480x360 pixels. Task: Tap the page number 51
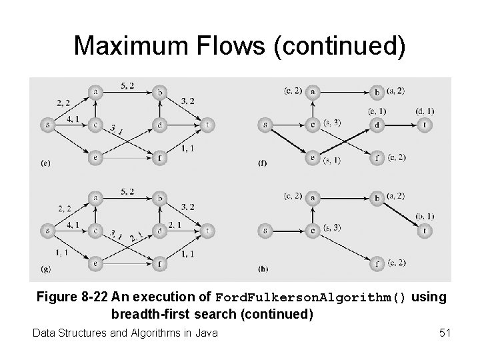click(445, 331)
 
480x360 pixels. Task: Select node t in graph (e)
click(208, 124)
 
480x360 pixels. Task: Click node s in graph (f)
click(265, 124)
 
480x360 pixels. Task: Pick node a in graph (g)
click(97, 198)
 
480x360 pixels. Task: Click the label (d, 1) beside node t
click(424, 111)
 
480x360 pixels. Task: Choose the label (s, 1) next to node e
click(331, 161)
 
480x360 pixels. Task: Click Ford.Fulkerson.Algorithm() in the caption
click(309, 298)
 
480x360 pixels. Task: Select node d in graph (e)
click(159, 124)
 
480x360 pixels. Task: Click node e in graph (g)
click(97, 265)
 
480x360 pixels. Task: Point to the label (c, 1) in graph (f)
click(377, 111)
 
